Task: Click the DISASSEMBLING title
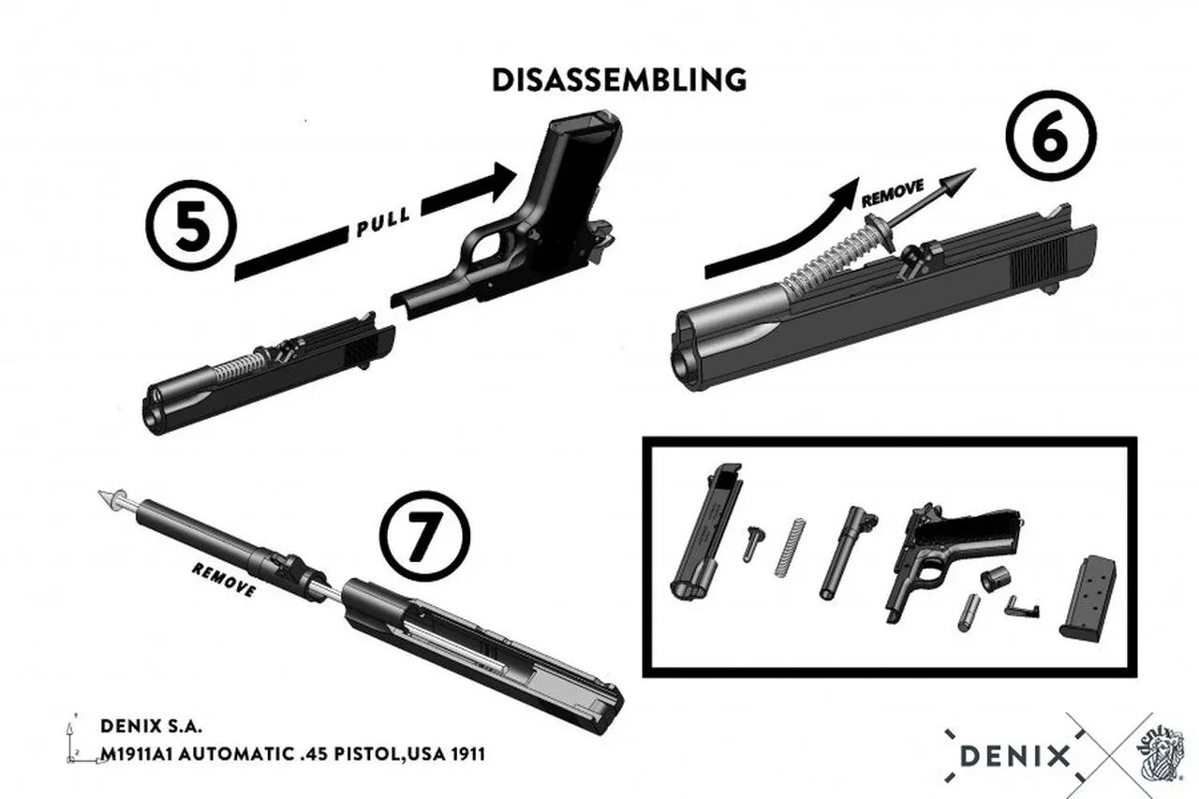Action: pyautogui.click(x=619, y=80)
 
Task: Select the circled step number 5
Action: pyautogui.click(x=191, y=228)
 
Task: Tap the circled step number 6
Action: pyautogui.click(x=1050, y=137)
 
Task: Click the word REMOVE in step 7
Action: pyautogui.click(x=223, y=580)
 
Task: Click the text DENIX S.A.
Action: pyautogui.click(x=151, y=726)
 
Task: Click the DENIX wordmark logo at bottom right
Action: pyautogui.click(x=1014, y=755)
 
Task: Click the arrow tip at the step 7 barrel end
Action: pyautogui.click(x=109, y=496)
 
